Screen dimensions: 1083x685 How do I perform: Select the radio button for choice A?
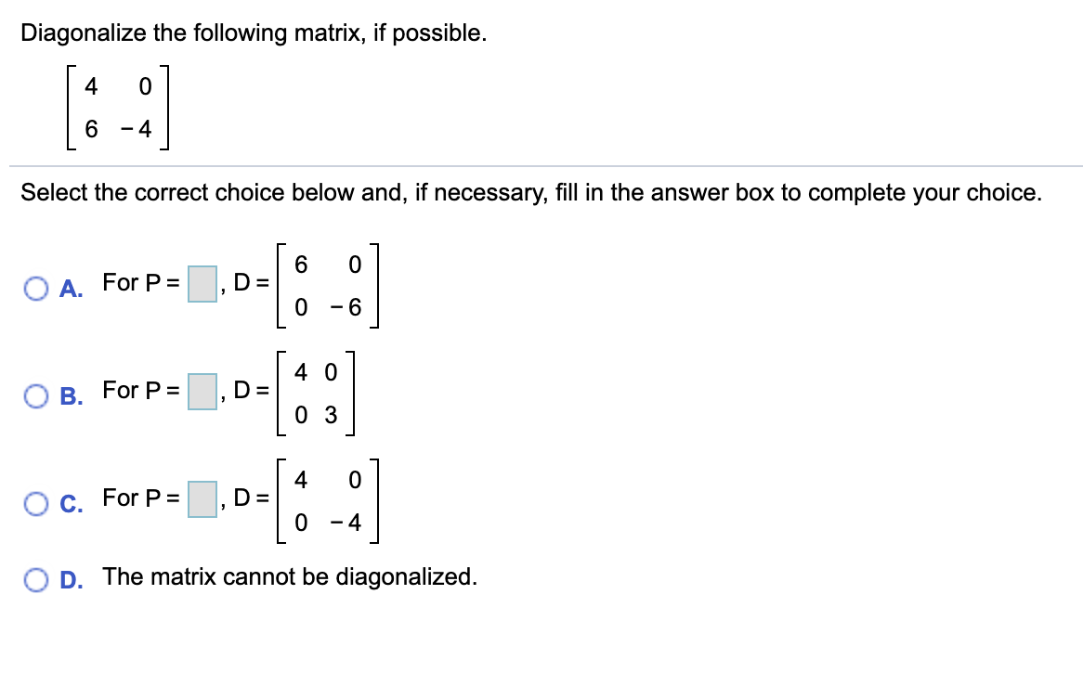coord(37,284)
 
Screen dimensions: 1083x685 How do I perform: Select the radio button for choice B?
coord(37,392)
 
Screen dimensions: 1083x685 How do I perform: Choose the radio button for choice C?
coord(37,499)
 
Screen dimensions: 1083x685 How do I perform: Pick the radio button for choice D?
coord(37,578)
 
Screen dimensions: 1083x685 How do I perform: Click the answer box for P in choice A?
coord(202,283)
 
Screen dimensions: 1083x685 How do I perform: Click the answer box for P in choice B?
coord(202,391)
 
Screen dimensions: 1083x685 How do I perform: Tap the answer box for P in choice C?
coord(202,498)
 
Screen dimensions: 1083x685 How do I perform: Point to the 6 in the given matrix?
coord(90,131)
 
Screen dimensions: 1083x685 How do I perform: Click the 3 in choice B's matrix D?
coord(330,415)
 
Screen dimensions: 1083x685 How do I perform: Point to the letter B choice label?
coord(71,393)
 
